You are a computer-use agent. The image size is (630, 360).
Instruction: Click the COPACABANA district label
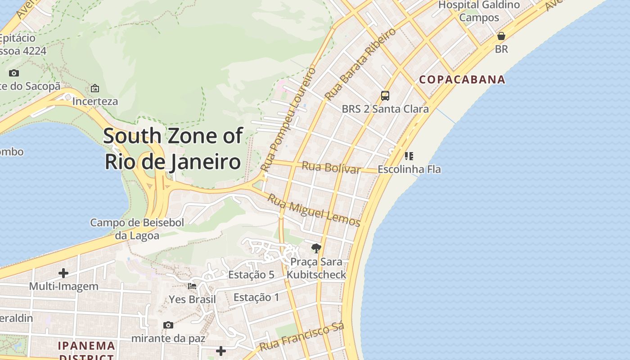462,80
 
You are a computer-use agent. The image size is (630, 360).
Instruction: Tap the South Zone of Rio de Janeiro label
173,148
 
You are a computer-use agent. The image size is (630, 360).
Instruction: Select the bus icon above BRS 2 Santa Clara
385,95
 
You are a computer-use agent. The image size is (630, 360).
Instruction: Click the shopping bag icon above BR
501,36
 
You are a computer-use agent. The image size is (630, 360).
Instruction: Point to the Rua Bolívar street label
331,167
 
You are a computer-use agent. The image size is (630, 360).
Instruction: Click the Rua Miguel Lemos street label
314,210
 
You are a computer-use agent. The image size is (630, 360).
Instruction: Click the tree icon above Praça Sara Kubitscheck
316,248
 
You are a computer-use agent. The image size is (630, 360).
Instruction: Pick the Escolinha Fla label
409,170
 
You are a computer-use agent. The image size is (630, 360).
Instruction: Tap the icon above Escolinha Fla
409,156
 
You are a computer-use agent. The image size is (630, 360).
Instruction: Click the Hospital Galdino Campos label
479,11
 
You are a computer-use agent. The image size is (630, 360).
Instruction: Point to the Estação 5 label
251,274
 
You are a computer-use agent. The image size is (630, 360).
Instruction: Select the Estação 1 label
256,297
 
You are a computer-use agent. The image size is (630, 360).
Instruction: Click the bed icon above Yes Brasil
192,286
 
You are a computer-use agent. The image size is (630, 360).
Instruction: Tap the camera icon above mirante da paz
168,325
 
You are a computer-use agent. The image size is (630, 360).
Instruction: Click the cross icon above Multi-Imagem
63,273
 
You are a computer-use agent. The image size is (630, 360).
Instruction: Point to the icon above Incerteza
95,88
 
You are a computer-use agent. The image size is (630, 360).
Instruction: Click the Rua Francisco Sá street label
302,337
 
